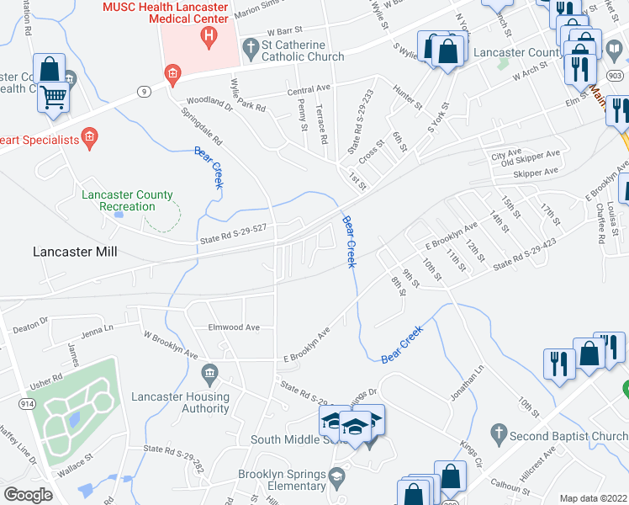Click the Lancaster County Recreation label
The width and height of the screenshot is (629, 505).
pyautogui.click(x=127, y=200)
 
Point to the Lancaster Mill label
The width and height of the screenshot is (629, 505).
pyautogui.click(x=75, y=252)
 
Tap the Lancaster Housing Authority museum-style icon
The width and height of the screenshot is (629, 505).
pyautogui.click(x=209, y=372)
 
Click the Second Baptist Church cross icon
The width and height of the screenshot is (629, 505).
pyautogui.click(x=499, y=436)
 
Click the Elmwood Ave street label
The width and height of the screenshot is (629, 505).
pyautogui.click(x=234, y=327)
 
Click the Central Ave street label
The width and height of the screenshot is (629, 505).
pyautogui.click(x=308, y=88)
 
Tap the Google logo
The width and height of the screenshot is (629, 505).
pyautogui.click(x=28, y=495)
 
